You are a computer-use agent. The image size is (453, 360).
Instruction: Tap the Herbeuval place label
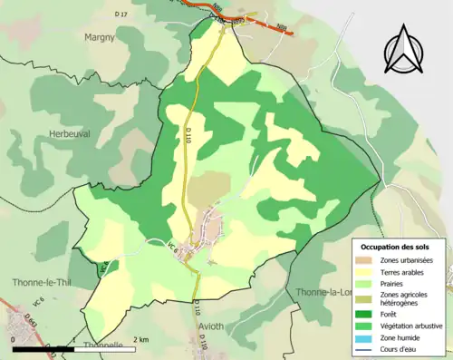coord(68,133)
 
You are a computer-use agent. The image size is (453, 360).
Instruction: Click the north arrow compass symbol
coord(404,52)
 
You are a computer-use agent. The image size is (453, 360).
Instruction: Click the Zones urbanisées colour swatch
coord(365,260)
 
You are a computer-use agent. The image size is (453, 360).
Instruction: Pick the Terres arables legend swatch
coord(365,271)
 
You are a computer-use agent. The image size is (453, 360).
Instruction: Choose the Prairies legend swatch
coord(365,283)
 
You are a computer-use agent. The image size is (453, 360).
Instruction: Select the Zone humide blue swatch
coord(365,334)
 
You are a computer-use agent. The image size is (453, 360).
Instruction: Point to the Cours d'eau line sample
coord(365,345)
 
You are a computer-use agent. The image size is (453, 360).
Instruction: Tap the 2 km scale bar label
coord(140,339)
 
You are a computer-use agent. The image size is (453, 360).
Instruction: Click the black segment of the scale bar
coord(40,347)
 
